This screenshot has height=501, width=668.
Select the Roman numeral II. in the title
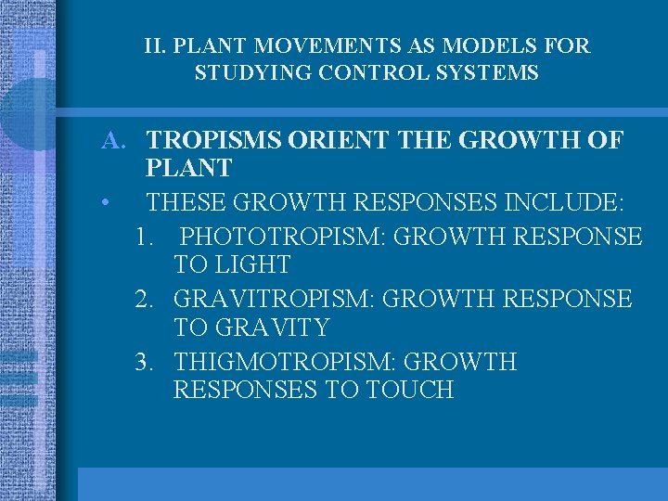tap(156, 45)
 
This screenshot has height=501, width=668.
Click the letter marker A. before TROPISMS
tap(114, 141)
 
